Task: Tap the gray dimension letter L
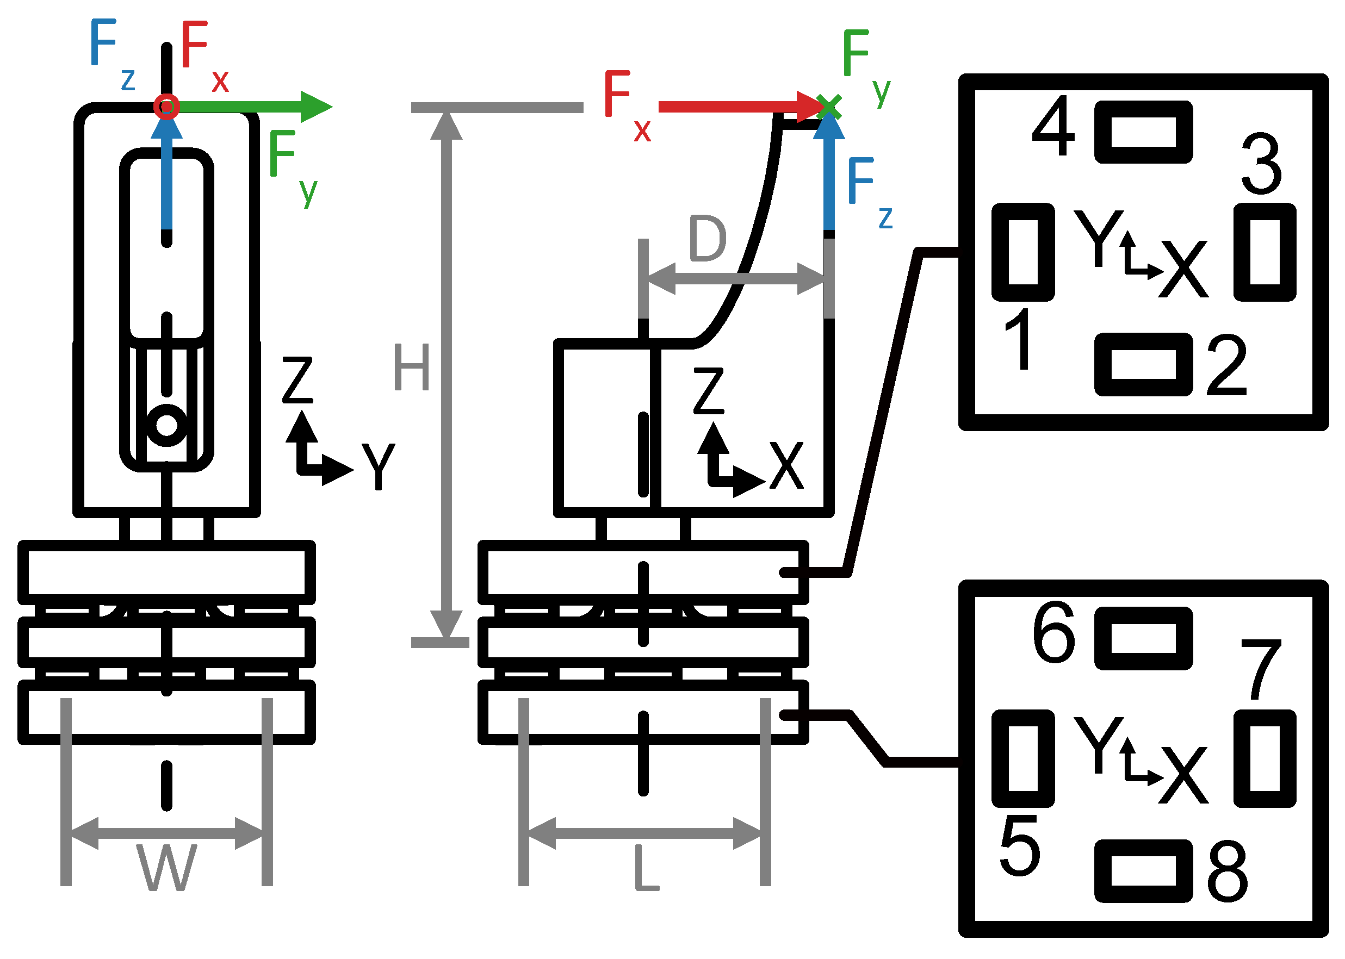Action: (646, 868)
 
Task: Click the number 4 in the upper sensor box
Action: (1052, 126)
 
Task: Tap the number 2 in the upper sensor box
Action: (1227, 365)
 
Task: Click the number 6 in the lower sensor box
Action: (1053, 632)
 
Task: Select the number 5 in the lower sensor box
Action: (1020, 845)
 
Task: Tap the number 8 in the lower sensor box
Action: (1227, 871)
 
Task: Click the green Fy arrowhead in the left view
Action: (315, 107)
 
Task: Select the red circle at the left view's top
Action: (166, 107)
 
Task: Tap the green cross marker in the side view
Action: (829, 107)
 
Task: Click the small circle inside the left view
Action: (166, 425)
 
